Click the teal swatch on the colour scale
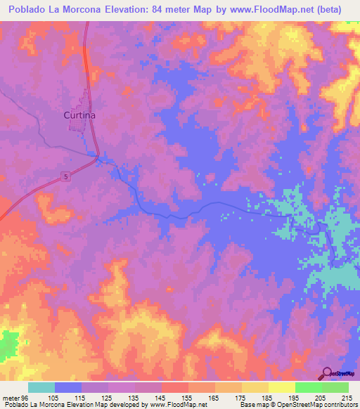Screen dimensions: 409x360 [41, 388]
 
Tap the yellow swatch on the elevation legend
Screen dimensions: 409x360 [281, 388]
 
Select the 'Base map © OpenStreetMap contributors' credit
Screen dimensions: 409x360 [298, 404]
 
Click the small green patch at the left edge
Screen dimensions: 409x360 [7, 343]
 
